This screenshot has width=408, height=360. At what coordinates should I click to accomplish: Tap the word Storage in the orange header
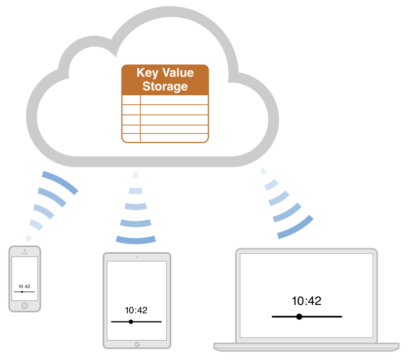pos(165,86)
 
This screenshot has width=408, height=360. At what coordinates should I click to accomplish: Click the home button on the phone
pos(24,305)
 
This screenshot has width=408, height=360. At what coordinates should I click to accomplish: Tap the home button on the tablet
pos(137,344)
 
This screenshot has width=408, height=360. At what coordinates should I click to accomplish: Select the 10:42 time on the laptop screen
pos(307,301)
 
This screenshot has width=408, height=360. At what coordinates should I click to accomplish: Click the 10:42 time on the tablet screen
pos(136,310)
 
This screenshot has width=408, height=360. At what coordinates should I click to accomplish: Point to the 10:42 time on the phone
pos(24,287)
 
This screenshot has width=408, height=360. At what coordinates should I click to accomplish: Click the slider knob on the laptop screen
pos(299,316)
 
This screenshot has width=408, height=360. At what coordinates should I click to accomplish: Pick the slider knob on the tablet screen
pos(131,322)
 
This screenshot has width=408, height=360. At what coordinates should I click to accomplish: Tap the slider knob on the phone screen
pos(22,292)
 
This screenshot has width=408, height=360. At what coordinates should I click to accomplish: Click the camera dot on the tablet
pos(137,257)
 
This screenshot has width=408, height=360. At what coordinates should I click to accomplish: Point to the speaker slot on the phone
pos(24,254)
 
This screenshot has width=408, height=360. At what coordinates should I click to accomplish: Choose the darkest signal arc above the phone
pos(60,182)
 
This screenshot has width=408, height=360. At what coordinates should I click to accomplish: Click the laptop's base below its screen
pos(306,346)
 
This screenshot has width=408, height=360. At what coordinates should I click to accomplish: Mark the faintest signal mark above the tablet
pos(135,175)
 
